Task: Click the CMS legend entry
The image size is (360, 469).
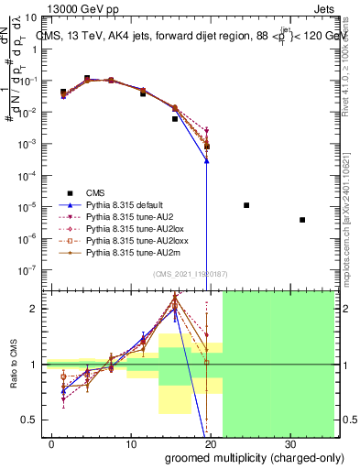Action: [95, 192]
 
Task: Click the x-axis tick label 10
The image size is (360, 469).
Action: [131, 443]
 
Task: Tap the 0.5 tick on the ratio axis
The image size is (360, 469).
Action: [34, 420]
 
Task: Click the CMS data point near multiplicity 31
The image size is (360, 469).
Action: [302, 220]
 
